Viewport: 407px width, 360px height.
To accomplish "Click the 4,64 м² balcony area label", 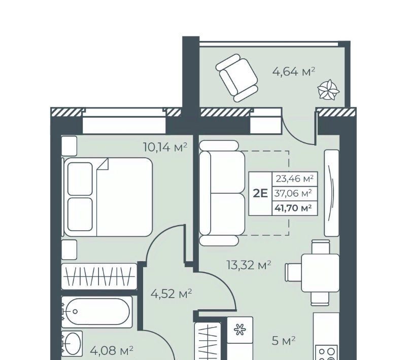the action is point(293,71).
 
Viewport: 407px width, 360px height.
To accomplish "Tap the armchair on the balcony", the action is point(236,78).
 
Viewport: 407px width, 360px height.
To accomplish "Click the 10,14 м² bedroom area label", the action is point(165,148).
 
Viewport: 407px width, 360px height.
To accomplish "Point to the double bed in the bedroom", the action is point(108,197).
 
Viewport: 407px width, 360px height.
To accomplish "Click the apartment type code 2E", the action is point(260,194).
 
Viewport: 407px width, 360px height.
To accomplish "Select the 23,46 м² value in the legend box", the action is point(295,178).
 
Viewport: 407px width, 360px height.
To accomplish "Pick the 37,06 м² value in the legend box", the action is point(293,193).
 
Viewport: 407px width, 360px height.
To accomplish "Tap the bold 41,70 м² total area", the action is point(293,208).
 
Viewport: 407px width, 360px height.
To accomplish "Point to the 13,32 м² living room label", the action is point(249,265).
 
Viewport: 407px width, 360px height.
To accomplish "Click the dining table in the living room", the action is point(320,273).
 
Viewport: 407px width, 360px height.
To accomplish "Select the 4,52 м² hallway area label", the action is point(172,294).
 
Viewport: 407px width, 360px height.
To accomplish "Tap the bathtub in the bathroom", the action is point(97,311).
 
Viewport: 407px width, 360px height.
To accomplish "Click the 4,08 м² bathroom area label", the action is point(112,351).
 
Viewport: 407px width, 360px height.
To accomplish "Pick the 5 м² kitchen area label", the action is point(284,341).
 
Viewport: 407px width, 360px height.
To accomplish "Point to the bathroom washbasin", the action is point(72,343).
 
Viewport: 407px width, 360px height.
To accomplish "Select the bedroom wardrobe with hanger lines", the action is point(99,276).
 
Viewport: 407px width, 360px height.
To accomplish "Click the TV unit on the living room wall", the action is point(332,193).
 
